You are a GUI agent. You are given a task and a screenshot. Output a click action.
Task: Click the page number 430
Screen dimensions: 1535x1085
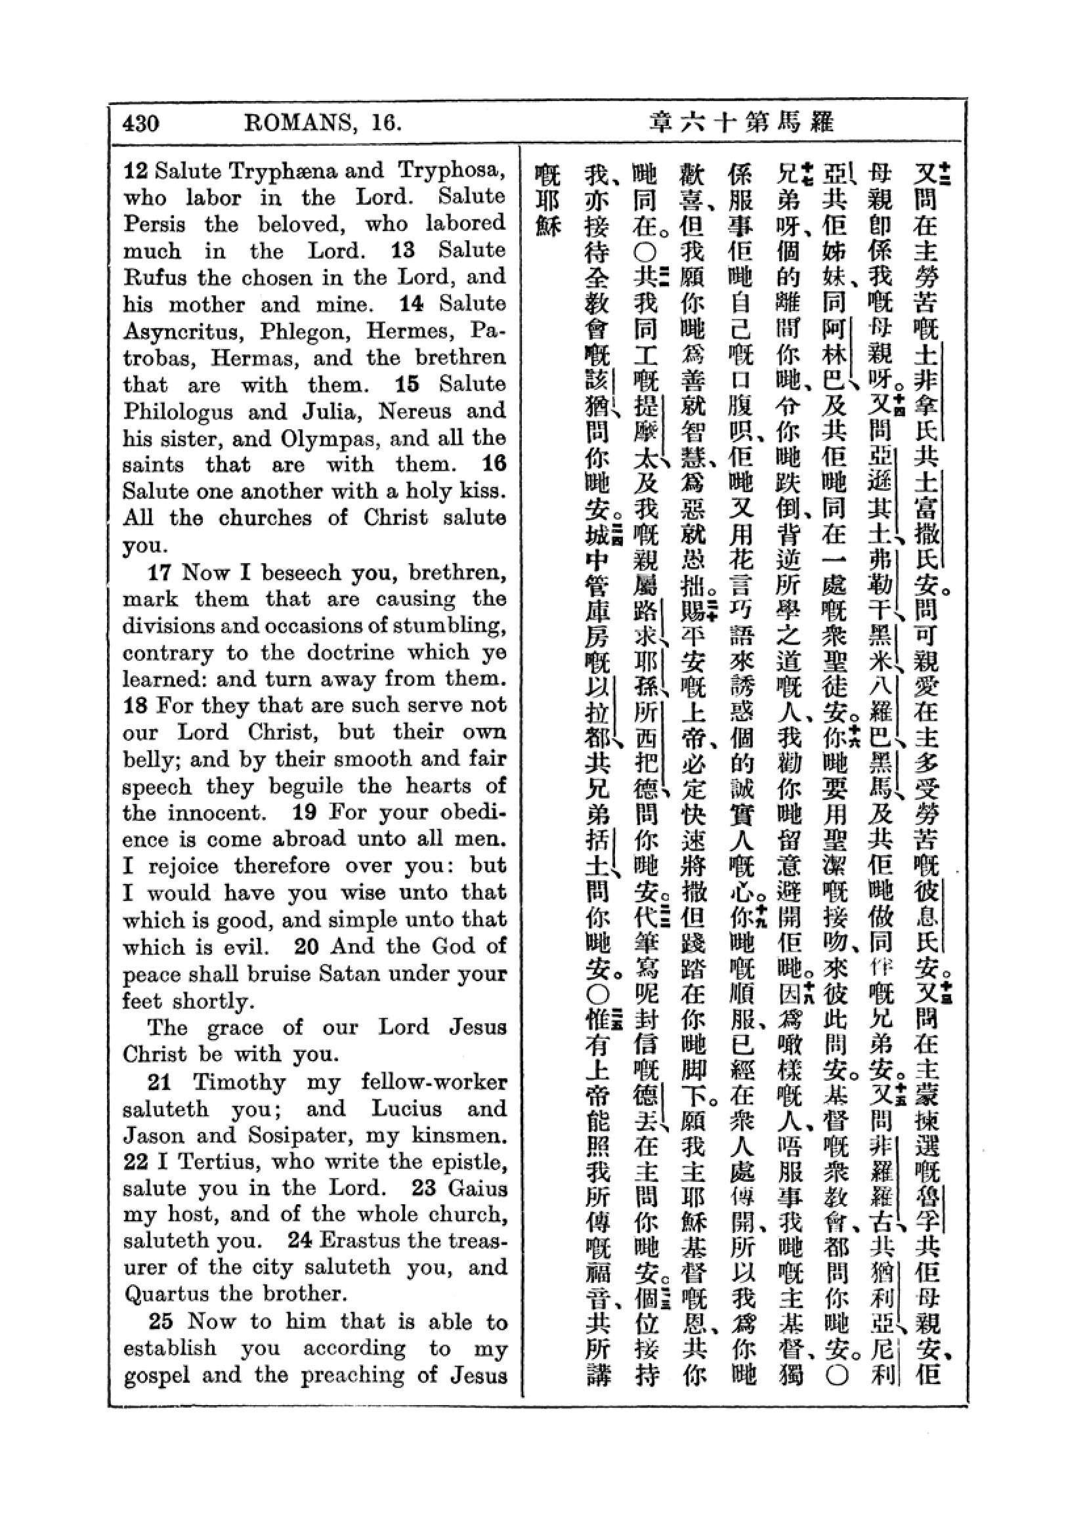click(x=140, y=123)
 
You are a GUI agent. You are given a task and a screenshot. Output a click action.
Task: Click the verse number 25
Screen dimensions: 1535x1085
click(x=161, y=1322)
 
